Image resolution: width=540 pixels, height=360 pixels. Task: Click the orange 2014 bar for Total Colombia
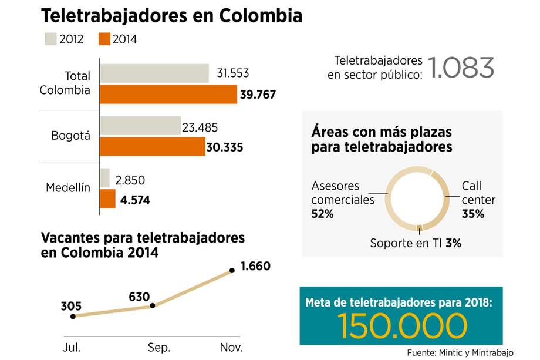(168, 94)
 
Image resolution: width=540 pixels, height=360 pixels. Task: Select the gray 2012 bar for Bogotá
(140, 126)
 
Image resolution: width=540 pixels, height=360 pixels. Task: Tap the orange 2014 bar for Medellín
(108, 199)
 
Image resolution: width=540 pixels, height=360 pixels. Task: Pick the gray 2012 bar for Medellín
(105, 178)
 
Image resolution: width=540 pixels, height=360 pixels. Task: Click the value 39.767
(258, 95)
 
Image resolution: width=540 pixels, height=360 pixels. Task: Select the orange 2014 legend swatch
(104, 39)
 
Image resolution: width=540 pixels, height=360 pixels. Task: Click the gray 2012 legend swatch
(50, 39)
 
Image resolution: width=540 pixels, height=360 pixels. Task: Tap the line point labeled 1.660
(232, 270)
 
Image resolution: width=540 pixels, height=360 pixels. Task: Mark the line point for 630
(153, 305)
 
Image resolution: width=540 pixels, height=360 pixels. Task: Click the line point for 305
(73, 316)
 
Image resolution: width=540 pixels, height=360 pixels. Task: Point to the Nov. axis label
(231, 347)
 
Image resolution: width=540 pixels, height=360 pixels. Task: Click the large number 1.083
(461, 68)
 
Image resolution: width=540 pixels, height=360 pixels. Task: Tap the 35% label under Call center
(473, 214)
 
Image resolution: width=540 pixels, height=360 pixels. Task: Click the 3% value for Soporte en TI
(453, 243)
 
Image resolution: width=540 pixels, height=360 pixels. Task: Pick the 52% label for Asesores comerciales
(322, 214)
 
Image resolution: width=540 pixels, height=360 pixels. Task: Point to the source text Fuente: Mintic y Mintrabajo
(460, 352)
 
